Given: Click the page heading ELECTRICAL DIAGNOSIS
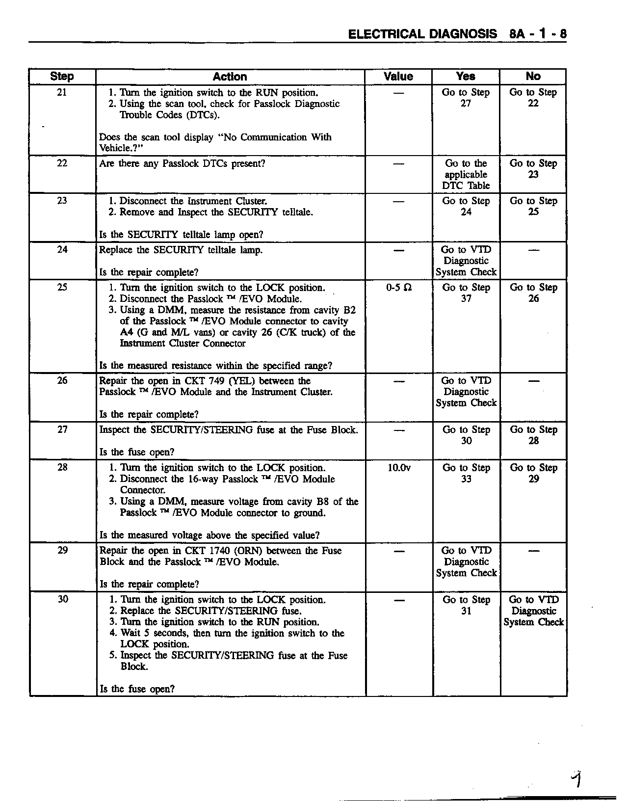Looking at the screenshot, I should (x=422, y=34).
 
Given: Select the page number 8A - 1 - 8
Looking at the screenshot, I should (x=538, y=34).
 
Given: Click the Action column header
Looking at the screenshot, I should (x=230, y=77).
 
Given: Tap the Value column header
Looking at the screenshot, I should (x=398, y=77).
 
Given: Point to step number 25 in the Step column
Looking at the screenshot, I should (x=62, y=288).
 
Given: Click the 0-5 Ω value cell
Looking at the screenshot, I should (x=399, y=288).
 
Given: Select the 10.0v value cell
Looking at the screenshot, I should (x=399, y=468).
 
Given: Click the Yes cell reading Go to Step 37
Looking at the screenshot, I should (x=466, y=293).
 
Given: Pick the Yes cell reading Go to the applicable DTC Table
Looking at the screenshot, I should (x=466, y=174).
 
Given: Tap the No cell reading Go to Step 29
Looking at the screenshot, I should (x=534, y=473).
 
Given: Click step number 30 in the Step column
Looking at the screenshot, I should (x=63, y=599).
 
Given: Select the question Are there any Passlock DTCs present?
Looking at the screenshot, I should (x=182, y=163).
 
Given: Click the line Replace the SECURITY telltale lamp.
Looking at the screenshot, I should (x=181, y=250).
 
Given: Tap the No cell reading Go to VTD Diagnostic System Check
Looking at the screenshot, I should (x=534, y=611).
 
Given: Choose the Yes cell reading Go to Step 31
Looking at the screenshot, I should (x=466, y=605).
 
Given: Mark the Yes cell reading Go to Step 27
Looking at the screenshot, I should (x=466, y=98).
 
